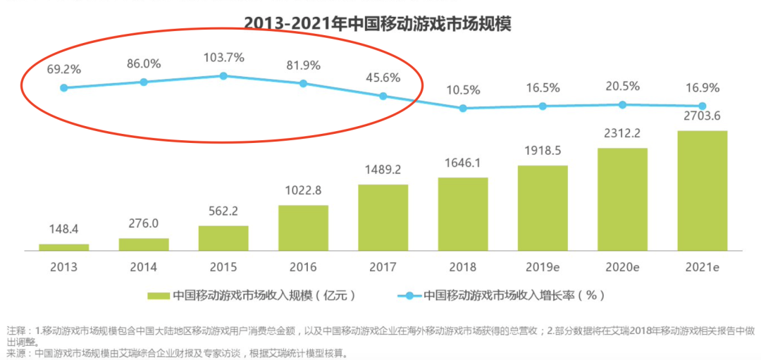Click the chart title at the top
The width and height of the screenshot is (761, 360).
coord(377,23)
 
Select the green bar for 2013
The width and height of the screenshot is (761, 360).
coord(63,247)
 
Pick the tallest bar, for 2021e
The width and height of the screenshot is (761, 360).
coord(702,190)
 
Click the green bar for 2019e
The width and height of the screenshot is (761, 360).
coord(543,208)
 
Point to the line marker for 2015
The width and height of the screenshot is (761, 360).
coord(223,75)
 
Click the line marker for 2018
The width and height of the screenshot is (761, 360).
coord(463,108)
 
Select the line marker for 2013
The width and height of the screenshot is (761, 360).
coord(63,88)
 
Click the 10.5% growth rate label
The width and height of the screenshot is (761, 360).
coord(463,89)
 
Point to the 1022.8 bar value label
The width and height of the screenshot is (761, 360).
coord(303,190)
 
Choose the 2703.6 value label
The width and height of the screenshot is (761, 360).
coord(702,116)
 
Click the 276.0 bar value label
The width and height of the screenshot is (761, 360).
coord(144,223)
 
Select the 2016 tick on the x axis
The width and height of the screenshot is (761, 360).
coord(303,267)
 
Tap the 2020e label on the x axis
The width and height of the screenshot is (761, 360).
coord(622,267)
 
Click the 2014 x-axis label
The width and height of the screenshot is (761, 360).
coord(144,267)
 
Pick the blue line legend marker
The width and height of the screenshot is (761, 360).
coord(408,294)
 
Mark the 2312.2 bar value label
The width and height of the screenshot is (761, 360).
coord(622,134)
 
